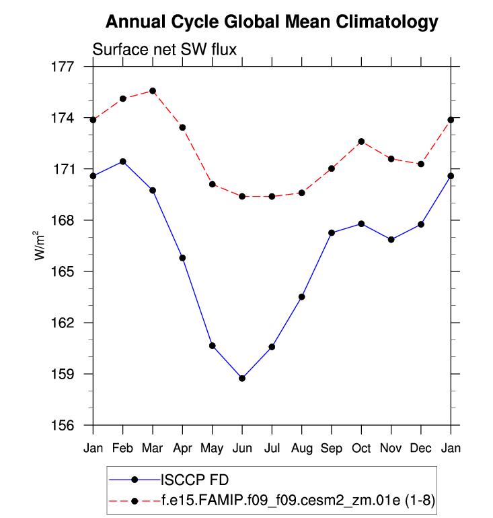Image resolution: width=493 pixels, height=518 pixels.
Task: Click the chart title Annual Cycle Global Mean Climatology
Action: click(272, 22)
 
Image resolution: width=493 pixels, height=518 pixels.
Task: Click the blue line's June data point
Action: click(242, 378)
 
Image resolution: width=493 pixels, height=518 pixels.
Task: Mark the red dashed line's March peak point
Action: click(153, 91)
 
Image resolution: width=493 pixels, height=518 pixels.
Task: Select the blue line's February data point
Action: click(123, 162)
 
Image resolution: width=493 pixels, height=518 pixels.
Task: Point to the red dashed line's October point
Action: click(361, 141)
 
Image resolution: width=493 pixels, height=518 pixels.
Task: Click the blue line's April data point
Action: click(182, 258)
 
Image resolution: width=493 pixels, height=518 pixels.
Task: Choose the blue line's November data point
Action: click(391, 239)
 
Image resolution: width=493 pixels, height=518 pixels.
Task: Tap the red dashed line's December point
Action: click(421, 164)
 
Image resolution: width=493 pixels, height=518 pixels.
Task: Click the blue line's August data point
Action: click(302, 296)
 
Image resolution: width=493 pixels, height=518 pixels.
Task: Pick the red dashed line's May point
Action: click(213, 184)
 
